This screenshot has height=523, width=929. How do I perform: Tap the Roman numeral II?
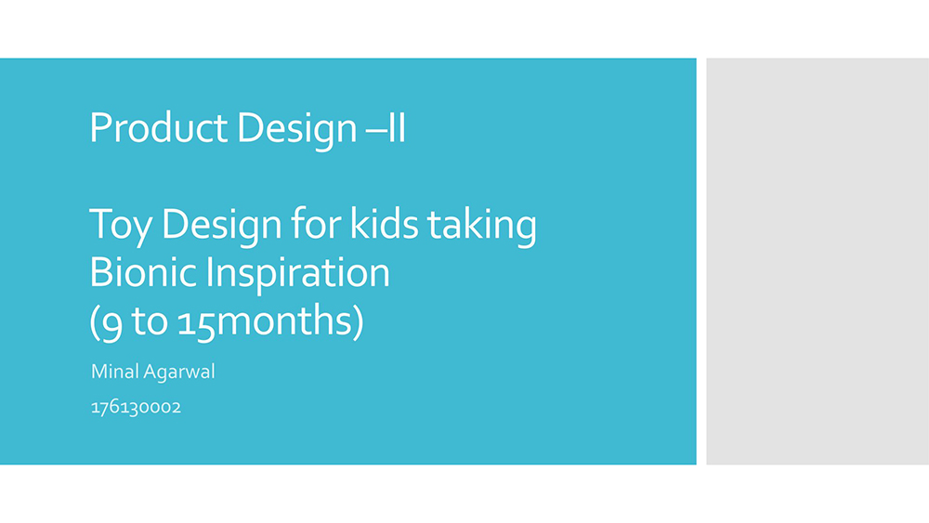[x=397, y=127]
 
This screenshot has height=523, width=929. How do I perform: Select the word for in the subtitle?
[x=315, y=223]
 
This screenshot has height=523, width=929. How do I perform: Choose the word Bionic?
[x=143, y=272]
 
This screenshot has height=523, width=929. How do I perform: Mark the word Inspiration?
[x=297, y=275]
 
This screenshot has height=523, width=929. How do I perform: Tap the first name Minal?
[x=115, y=372]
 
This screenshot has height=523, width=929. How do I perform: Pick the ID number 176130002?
[x=136, y=408]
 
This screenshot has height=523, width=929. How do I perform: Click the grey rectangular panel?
[x=818, y=261]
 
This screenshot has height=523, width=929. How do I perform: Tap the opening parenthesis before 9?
[x=94, y=323]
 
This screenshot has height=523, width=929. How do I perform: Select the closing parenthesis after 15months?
[x=358, y=323]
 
